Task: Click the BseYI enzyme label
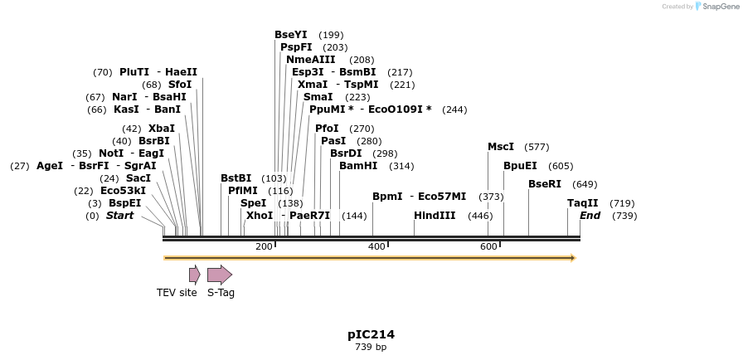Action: point(291,35)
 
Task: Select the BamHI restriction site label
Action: point(358,166)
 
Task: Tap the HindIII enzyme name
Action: point(435,216)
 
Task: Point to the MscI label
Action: point(501,147)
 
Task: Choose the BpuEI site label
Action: point(520,166)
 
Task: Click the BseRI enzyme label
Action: point(545,184)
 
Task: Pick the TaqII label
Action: point(583,203)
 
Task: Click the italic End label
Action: point(590,216)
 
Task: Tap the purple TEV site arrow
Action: point(194,275)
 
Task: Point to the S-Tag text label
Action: point(221,293)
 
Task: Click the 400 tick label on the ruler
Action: point(376,246)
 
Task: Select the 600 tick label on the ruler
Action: point(488,246)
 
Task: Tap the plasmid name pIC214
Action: point(371,335)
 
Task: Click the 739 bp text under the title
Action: point(371,347)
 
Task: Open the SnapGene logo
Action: point(717,7)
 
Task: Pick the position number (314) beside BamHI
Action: point(401,166)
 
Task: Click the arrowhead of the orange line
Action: point(573,258)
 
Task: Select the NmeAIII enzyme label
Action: point(311,60)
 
